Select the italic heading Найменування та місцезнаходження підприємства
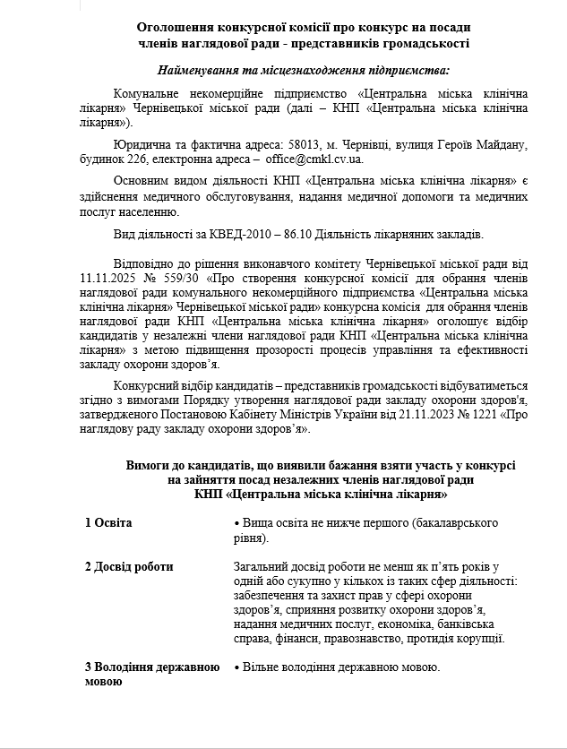pos(304,70)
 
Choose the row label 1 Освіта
pos(107,522)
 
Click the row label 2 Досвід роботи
pos(129,566)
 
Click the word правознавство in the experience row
pos(364,639)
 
